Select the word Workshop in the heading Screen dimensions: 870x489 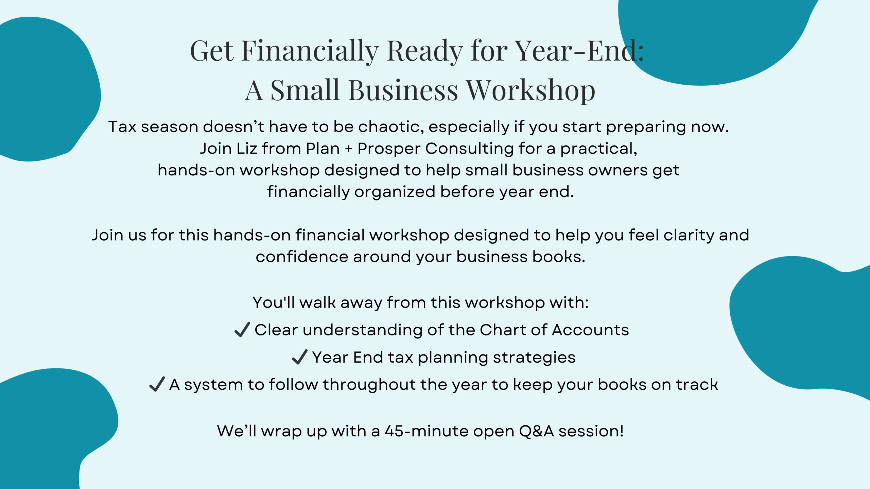pyautogui.click(x=530, y=91)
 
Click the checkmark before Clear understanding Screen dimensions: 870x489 pyautogui.click(x=242, y=329)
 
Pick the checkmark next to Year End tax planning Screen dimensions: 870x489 pyautogui.click(x=300, y=357)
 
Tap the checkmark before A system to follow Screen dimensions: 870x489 pyautogui.click(x=157, y=384)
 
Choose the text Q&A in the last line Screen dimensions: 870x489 pyautogui.click(x=536, y=431)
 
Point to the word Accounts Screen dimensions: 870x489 pyautogui.click(x=590, y=330)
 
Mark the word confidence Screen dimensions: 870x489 pyautogui.click(x=302, y=257)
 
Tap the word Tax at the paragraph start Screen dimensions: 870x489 pyautogui.click(x=122, y=127)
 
